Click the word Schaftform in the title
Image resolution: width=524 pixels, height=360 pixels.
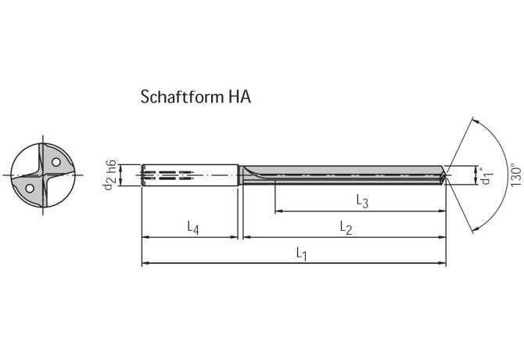point(181,97)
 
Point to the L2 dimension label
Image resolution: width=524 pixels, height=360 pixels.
point(346,227)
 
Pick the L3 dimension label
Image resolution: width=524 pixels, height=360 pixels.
point(362,201)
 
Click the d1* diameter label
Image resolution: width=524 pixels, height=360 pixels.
point(486,176)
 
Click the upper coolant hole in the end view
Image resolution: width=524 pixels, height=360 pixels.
point(56,161)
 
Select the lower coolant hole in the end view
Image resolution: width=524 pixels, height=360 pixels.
point(29,188)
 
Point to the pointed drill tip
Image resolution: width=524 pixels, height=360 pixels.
point(448,175)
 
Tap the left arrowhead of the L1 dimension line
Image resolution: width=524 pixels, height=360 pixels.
point(145,264)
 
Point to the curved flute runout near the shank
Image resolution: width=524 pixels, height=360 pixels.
point(249,172)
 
